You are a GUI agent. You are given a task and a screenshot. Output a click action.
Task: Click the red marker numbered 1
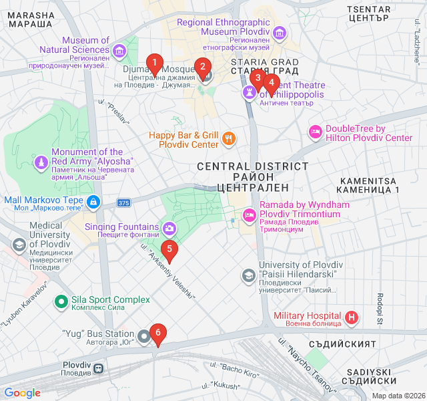click(155, 65)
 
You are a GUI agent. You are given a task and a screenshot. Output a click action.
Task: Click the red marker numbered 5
click(170, 251)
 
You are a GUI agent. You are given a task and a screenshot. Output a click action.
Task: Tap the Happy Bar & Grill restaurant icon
click(229, 139)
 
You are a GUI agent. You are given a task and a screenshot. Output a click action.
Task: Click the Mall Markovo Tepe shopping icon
click(93, 200)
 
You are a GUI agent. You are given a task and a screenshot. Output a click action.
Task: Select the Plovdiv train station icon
click(98, 368)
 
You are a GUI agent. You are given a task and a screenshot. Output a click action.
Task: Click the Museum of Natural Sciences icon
click(119, 50)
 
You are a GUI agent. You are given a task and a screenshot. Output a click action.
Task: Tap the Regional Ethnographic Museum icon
click(278, 32)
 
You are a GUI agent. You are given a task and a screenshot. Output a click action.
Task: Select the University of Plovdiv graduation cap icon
click(249, 275)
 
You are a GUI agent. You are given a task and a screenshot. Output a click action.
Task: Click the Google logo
click(23, 393)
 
